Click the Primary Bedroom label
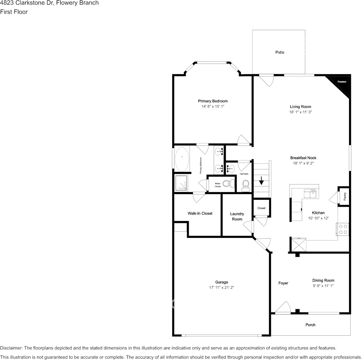point(213,101)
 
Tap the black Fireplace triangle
point(342,84)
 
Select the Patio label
point(280,52)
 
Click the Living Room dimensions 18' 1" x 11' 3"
point(300,112)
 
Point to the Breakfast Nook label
point(303,158)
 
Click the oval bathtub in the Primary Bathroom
point(182,158)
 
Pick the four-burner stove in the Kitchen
point(343,229)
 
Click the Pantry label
point(344,196)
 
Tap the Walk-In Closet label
point(200,213)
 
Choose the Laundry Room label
point(237,217)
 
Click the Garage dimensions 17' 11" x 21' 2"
point(221,288)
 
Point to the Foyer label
point(283,283)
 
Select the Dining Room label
point(323,280)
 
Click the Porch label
point(310,325)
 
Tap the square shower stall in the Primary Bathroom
point(182,183)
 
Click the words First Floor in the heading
point(14,12)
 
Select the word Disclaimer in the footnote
point(11,348)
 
